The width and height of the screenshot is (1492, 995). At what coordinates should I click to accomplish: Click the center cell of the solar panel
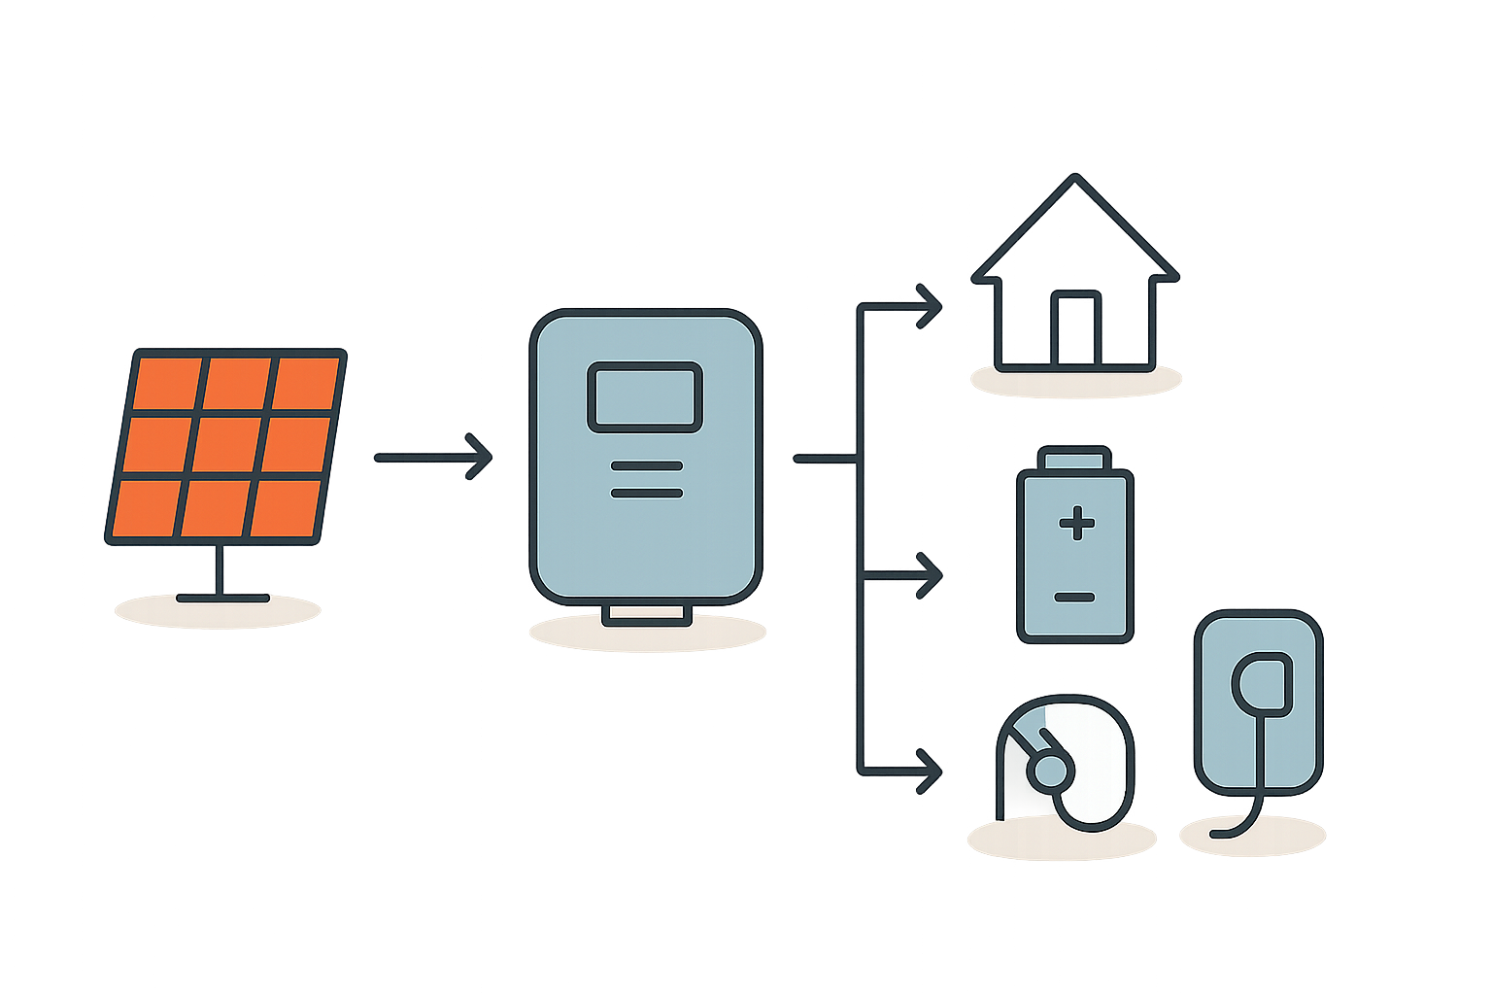(226, 445)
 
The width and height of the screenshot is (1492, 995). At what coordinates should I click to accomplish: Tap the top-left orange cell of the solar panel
(167, 384)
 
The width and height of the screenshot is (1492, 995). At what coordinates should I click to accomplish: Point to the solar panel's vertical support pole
(219, 570)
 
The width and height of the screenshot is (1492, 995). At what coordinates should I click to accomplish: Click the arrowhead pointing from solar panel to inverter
(480, 457)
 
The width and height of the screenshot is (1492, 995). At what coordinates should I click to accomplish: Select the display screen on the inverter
(644, 397)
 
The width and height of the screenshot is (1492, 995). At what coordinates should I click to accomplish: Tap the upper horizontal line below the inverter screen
(646, 467)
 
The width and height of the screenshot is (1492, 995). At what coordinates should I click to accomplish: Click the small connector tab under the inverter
(646, 614)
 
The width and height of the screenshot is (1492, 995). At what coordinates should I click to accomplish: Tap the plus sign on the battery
(1076, 525)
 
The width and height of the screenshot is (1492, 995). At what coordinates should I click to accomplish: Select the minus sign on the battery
(1075, 597)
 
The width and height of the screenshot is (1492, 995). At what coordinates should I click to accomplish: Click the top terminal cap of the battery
(1074, 458)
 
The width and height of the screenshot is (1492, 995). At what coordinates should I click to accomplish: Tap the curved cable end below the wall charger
(1224, 833)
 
